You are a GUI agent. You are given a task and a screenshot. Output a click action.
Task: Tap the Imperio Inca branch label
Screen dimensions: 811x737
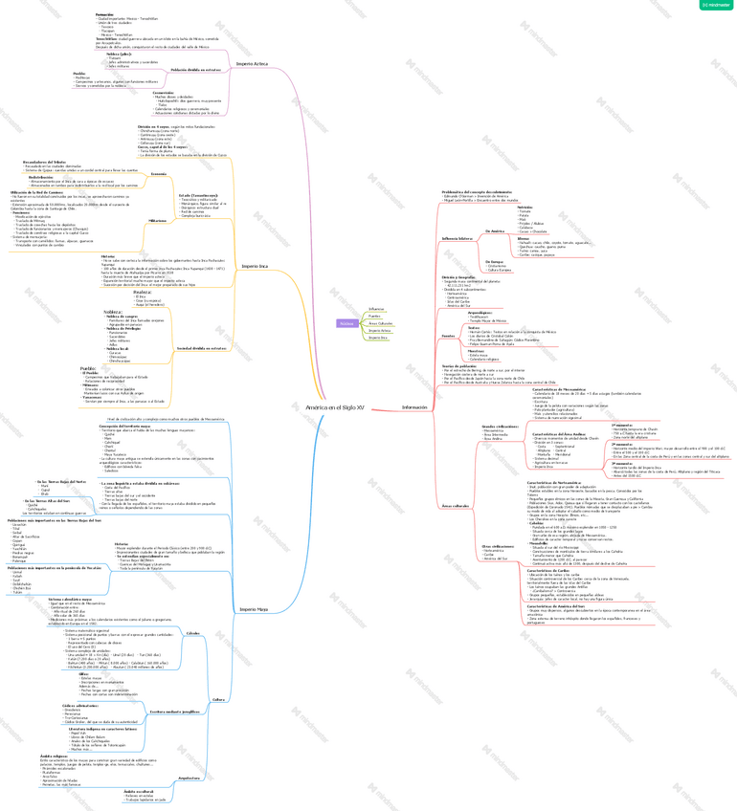point(254,266)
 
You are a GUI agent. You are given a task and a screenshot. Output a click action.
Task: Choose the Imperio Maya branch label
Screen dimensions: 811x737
point(254,608)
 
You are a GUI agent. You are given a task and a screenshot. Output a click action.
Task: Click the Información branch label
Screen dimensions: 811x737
point(415,407)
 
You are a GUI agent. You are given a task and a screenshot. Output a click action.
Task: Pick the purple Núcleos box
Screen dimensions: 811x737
point(346,323)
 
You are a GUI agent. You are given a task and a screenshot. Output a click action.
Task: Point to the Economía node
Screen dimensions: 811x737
point(159,173)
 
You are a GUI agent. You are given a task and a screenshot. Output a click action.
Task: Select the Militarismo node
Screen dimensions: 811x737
point(157,220)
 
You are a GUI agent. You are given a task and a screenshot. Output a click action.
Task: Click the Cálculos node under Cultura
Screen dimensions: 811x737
point(192,634)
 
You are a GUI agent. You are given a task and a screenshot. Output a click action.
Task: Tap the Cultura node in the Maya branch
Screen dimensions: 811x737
point(218,700)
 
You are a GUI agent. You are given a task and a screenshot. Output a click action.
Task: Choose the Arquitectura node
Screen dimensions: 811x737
point(190,778)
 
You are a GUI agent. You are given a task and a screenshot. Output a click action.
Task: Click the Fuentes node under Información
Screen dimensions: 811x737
point(448,336)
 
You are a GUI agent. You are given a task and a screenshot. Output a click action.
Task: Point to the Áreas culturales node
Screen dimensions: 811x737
point(456,505)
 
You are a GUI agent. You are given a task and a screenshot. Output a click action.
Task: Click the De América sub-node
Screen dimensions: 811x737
point(495,230)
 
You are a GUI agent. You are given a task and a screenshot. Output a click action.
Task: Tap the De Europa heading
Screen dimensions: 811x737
point(495,261)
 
